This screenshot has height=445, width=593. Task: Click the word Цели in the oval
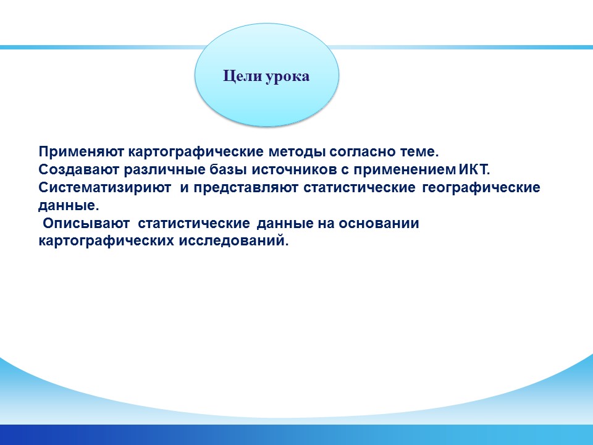242,77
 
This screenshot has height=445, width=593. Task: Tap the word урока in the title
287,77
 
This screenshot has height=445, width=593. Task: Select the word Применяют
82,152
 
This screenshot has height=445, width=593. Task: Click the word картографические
196,152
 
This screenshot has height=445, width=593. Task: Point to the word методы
297,152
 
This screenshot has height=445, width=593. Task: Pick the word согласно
363,152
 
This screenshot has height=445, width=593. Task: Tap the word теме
419,152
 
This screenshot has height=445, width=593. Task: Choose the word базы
229,170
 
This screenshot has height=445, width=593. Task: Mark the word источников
294,170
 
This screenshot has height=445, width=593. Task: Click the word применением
405,170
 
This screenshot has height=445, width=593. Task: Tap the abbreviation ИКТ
474,169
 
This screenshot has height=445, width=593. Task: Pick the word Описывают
86,224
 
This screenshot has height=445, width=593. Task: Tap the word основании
379,224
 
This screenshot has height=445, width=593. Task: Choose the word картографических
106,241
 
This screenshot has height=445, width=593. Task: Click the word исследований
233,240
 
